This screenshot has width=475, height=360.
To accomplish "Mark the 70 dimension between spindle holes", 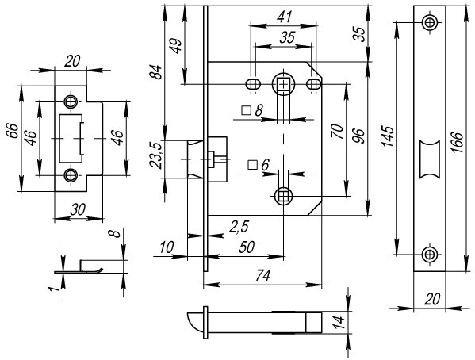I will click(338, 132).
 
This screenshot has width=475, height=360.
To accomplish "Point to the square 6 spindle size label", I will click(259, 165).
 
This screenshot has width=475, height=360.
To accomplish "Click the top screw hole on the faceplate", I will click(429, 23).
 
